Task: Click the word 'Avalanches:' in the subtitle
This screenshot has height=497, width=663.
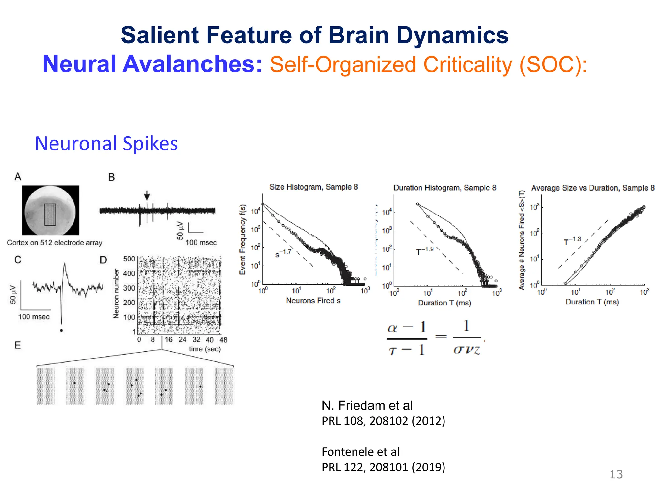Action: [x=192, y=64]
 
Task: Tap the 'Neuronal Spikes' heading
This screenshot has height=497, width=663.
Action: [x=106, y=143]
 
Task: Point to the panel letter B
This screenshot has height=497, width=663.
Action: [x=111, y=177]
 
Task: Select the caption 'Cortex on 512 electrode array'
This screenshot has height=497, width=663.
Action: [x=55, y=243]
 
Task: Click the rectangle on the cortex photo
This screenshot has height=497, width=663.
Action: [x=50, y=214]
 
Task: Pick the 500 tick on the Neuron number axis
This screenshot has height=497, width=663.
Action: [x=129, y=259]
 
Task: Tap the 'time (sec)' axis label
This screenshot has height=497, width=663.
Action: [x=205, y=349]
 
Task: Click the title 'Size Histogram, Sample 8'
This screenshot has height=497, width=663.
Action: [x=313, y=187]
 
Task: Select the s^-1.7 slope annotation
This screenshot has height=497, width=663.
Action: [x=284, y=253]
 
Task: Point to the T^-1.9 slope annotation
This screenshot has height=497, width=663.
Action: [x=425, y=251]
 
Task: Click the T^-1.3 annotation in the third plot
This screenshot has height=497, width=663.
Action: [x=572, y=241]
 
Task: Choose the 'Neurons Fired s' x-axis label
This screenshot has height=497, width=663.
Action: [x=313, y=301]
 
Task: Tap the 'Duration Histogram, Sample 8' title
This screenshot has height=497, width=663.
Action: [x=444, y=188]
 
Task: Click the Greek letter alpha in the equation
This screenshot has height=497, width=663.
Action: [x=392, y=328]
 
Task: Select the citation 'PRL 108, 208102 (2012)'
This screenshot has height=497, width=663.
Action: [x=383, y=421]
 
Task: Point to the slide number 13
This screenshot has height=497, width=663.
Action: [x=616, y=474]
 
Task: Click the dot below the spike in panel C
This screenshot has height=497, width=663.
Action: [x=62, y=330]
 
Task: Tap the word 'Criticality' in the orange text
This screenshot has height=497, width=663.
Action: [x=467, y=65]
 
